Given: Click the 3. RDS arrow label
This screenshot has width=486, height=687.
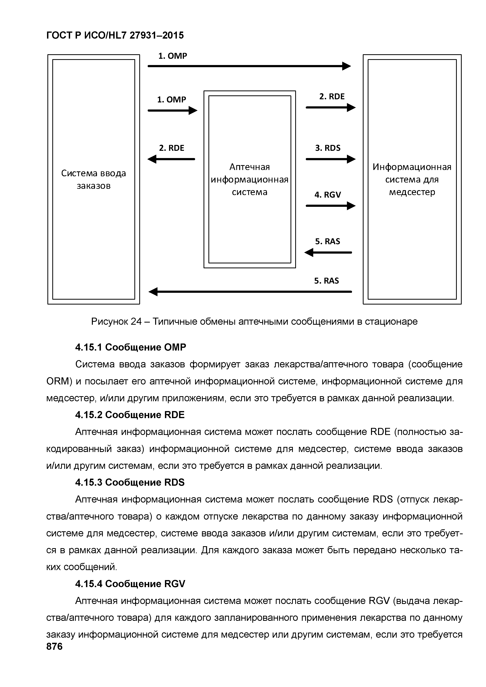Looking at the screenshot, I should tap(328, 148).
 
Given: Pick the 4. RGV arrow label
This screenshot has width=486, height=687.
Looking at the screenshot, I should tap(328, 195).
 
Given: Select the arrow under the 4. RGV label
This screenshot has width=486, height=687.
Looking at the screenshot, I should tap(330, 206).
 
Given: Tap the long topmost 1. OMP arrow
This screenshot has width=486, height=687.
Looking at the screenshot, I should tap(249, 66).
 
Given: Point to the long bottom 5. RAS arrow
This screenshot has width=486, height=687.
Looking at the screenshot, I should tap(250, 291).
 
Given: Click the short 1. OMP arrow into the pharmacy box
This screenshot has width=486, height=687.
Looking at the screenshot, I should tap(172, 111).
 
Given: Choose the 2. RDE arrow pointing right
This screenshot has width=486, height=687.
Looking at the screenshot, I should tap(330, 107).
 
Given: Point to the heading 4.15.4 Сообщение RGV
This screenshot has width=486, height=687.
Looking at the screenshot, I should tap(130, 583).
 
